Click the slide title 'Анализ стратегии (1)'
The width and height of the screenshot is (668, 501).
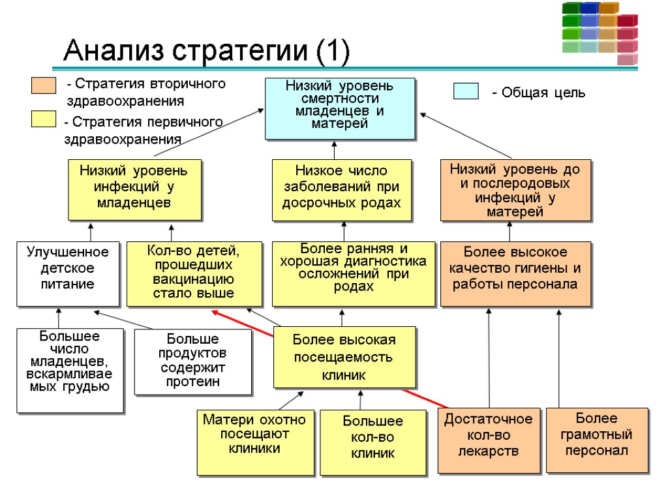coord(206,50)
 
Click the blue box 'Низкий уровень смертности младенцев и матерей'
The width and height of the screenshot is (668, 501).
coord(339,108)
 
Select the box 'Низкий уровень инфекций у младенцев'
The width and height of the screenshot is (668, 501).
coord(134,189)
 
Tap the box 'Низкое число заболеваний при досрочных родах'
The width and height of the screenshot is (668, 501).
coord(341,189)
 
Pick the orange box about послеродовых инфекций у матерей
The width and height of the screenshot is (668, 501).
coord(515,189)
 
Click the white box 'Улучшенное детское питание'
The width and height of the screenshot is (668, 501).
coord(67,273)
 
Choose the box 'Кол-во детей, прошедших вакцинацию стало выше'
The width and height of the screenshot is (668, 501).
coord(193,273)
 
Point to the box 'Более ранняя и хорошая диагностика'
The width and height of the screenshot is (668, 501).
coord(353,273)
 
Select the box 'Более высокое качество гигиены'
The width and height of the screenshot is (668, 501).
coord(515,273)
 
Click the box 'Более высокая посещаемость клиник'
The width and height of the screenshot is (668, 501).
coord(344,357)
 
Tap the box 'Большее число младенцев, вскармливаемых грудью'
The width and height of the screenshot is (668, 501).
coord(69,370)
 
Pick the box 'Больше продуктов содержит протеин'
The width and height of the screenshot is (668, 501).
coord(192,361)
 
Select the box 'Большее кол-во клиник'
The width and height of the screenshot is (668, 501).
coord(372,442)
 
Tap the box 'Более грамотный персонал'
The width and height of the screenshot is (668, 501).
coord(596,440)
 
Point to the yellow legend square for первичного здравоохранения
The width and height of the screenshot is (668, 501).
coord(43,119)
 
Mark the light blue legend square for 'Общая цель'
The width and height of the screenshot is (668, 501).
coord(466,91)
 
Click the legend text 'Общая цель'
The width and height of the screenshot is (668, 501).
coord(538,93)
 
